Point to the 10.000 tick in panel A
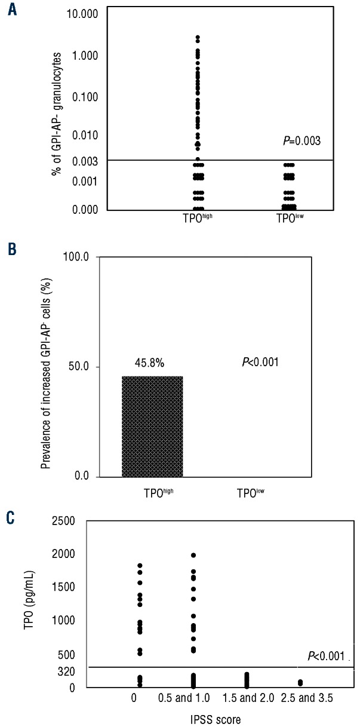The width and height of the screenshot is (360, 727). [70, 13]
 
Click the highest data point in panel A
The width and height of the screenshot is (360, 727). [198, 37]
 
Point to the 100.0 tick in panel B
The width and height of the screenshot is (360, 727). [75, 257]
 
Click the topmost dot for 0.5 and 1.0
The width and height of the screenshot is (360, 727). [193, 556]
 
